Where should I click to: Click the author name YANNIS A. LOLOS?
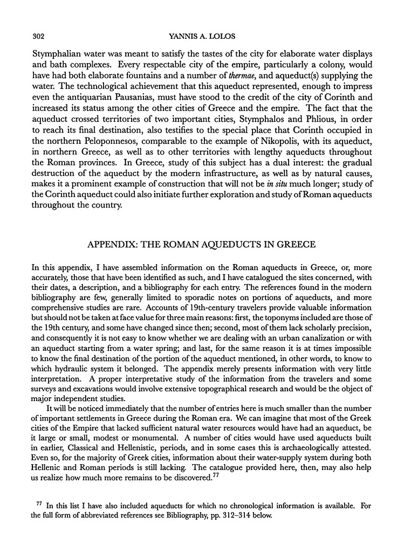pos(202,36)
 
